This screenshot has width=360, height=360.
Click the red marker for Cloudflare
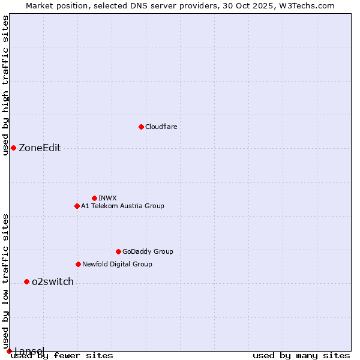coord(141,127)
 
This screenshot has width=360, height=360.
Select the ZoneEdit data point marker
coord(13,148)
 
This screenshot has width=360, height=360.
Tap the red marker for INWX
coord(94,198)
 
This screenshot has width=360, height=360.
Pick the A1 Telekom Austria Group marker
coord(77,206)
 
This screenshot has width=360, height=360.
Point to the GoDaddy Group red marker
coord(118,251)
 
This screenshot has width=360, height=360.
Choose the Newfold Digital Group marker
coord(78,264)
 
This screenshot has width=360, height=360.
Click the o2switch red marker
coord(26,281)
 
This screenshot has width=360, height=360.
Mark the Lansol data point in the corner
coord(9,351)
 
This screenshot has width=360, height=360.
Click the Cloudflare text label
coord(161,127)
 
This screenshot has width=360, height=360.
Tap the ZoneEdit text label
coord(40,148)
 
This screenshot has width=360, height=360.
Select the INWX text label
coord(107,198)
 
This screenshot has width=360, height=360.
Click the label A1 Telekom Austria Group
coord(122,206)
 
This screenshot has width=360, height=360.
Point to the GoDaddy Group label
coord(148,251)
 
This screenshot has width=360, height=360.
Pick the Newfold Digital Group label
coord(117,264)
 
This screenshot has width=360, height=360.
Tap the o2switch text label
coord(53,282)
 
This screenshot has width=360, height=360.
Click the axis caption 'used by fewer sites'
coord(62,356)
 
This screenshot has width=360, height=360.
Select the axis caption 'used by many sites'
coord(301,356)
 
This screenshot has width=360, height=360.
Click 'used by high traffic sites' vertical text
coord(5,85)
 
